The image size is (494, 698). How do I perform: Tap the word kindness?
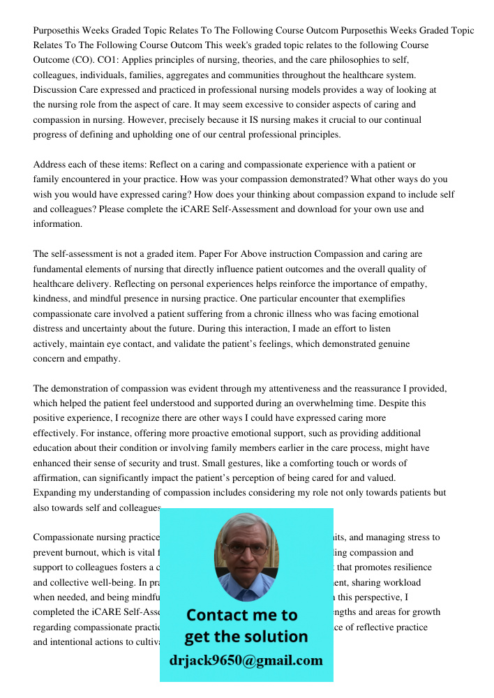pyautogui.click(x=53, y=299)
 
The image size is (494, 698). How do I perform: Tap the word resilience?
pyautogui.click(x=410, y=567)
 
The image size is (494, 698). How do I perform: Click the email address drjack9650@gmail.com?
pyautogui.click(x=246, y=660)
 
